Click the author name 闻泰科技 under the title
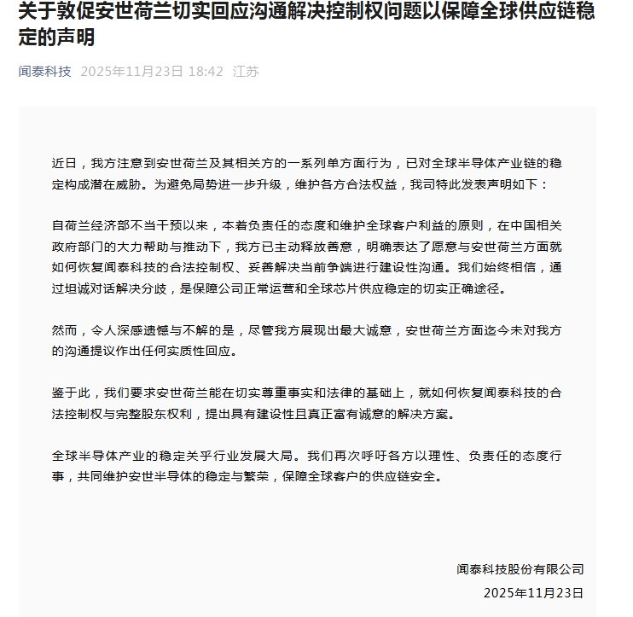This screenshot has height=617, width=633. pyautogui.click(x=45, y=72)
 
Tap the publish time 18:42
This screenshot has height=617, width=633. pyautogui.click(x=206, y=72)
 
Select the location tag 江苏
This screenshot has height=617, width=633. pyautogui.click(x=246, y=72)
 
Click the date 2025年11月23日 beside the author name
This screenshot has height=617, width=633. pyautogui.click(x=131, y=72)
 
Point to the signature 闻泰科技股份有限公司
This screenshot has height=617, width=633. pyautogui.click(x=520, y=568)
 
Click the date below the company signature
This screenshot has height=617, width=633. pyautogui.click(x=533, y=591)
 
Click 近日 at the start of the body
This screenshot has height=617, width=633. pyautogui.click(x=65, y=161)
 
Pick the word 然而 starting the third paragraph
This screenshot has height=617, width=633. pyautogui.click(x=65, y=329)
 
